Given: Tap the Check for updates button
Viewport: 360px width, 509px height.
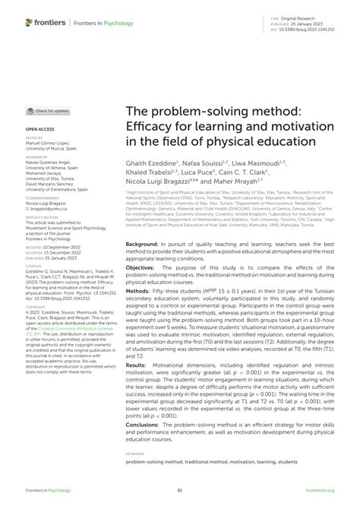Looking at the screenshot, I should [x=50, y=111].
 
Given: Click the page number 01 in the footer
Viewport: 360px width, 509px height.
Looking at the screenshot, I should [x=179, y=492].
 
